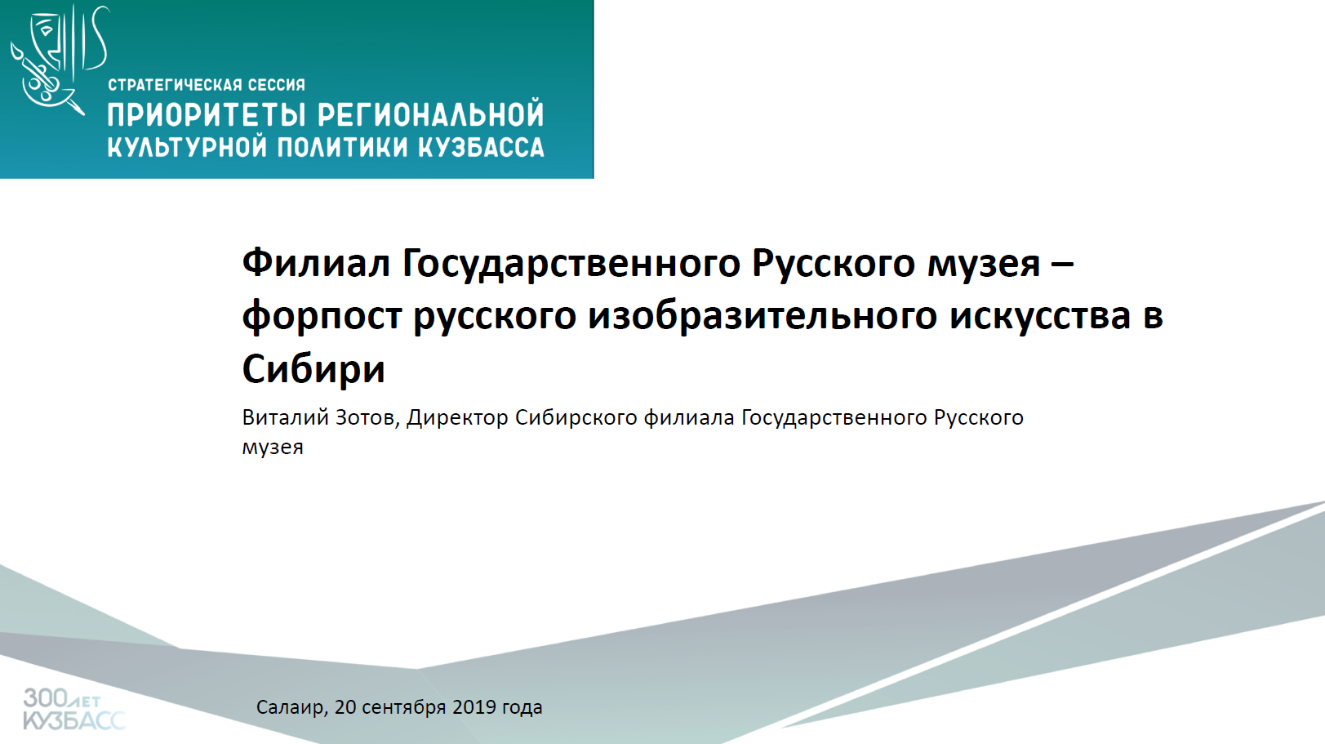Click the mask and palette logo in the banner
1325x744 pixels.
click(x=59, y=59)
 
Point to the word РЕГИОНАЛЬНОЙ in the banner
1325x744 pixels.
click(x=431, y=115)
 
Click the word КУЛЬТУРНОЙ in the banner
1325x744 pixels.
click(x=187, y=147)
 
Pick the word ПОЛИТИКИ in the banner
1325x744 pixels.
click(x=343, y=147)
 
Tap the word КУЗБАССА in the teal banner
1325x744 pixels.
click(x=482, y=147)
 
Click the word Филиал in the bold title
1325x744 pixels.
click(x=316, y=263)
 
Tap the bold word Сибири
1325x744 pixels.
click(x=313, y=369)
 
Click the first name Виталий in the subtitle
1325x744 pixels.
click(x=285, y=418)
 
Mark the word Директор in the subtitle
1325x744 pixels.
click(x=457, y=418)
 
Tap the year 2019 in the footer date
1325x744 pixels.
click(x=474, y=707)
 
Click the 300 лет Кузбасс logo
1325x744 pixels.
click(x=74, y=709)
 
